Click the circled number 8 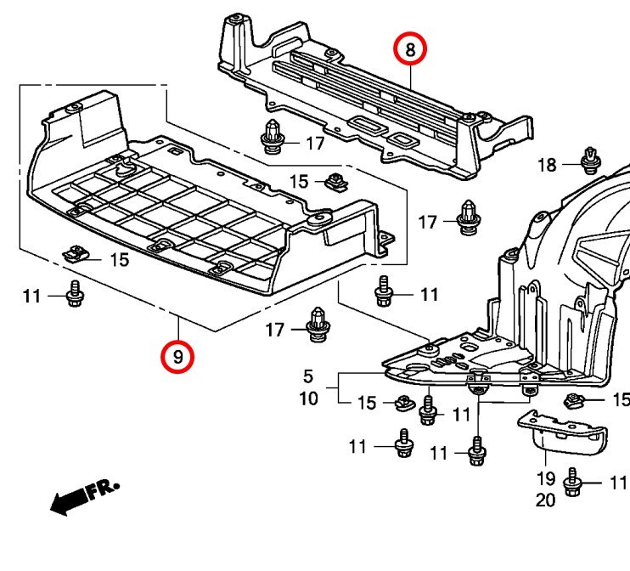pyautogui.click(x=410, y=50)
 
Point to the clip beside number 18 pyautogui.click(x=588, y=159)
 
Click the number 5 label pyautogui.click(x=308, y=375)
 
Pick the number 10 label pyautogui.click(x=308, y=397)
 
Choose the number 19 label pyautogui.click(x=545, y=479)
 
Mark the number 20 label pyautogui.click(x=545, y=500)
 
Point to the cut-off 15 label pyautogui.click(x=621, y=399)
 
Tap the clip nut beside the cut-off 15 pyautogui.click(x=575, y=399)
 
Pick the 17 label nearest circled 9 pyautogui.click(x=275, y=330)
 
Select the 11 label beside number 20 pyautogui.click(x=617, y=483)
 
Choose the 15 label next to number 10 pyautogui.click(x=366, y=403)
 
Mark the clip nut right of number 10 pyautogui.click(x=403, y=403)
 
